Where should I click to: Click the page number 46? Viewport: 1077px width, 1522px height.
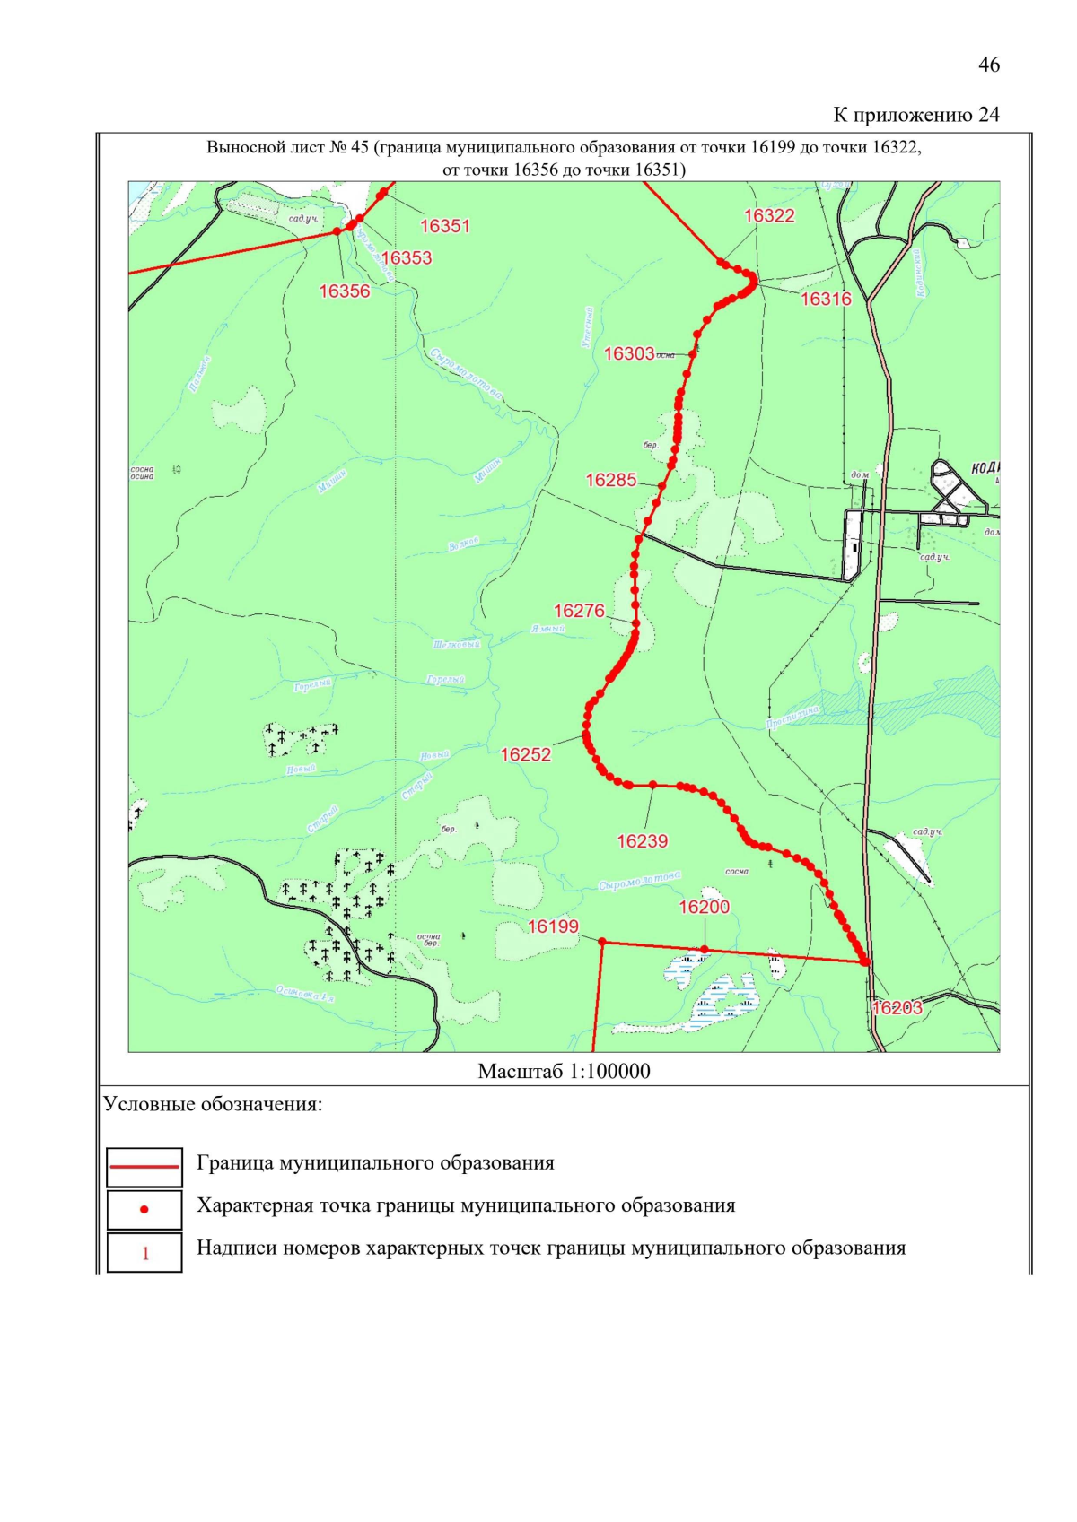click(988, 65)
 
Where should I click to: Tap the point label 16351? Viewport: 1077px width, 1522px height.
click(444, 226)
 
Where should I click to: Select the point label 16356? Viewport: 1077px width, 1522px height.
click(345, 291)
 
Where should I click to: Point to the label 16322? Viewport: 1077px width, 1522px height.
click(769, 215)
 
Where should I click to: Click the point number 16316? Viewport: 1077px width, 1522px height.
click(826, 299)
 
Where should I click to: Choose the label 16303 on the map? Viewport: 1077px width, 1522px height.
click(629, 353)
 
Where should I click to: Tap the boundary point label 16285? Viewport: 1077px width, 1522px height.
click(611, 480)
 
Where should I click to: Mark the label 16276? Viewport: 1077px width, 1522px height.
click(579, 611)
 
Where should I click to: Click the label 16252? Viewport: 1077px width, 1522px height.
click(525, 754)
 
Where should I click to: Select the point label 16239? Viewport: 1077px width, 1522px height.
click(642, 840)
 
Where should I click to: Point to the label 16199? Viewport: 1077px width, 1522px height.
click(553, 926)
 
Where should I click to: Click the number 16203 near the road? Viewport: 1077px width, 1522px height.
click(897, 1007)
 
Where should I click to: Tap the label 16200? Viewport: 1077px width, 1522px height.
click(704, 907)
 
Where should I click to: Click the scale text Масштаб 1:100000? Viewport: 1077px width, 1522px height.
click(564, 1071)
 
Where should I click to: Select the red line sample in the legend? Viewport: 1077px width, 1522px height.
click(144, 1167)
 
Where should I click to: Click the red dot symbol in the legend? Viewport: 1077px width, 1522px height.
click(144, 1209)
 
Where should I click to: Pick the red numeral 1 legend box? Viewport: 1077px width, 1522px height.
click(144, 1253)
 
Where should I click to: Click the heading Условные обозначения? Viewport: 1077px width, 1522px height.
click(213, 1104)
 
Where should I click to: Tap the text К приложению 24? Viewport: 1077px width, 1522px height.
click(915, 115)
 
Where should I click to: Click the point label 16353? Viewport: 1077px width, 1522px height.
click(407, 257)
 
